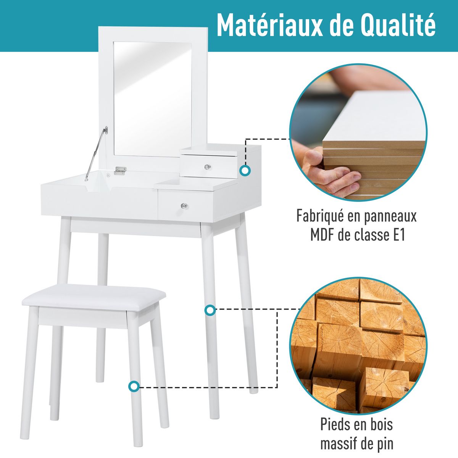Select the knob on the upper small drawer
(206, 167)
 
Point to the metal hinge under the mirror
(120, 171)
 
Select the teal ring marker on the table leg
(210, 310)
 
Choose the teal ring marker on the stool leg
(134, 387)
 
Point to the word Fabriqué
(320, 216)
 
